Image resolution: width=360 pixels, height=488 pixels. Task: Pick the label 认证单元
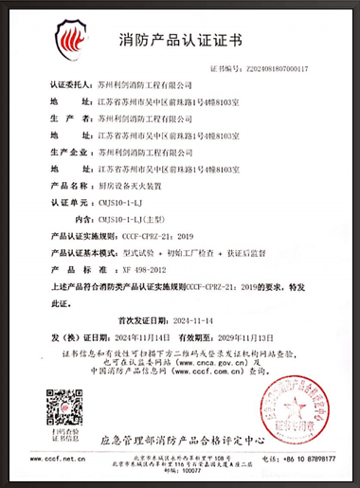pyautogui.click(x=69, y=204)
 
